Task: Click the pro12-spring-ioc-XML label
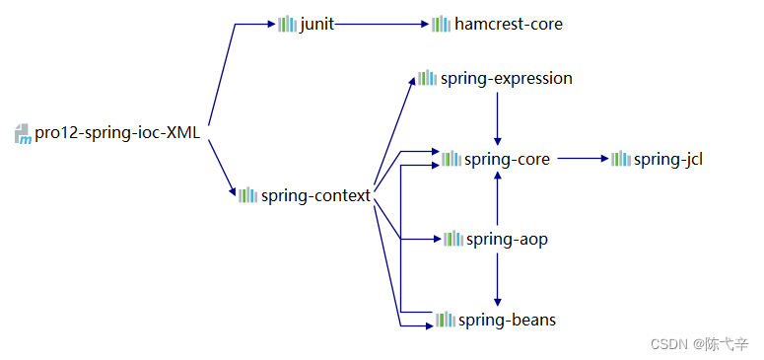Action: pyautogui.click(x=117, y=133)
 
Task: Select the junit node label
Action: pyautogui.click(x=317, y=24)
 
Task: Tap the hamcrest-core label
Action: pyautogui.click(x=509, y=24)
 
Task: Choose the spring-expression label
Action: pyautogui.click(x=507, y=78)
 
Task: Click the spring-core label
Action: pyautogui.click(x=508, y=159)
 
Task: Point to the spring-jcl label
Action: pyautogui.click(x=668, y=159)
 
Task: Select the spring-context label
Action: pyautogui.click(x=315, y=195)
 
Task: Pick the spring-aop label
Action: pyautogui.click(x=507, y=239)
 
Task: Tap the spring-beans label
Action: pyautogui.click(x=508, y=320)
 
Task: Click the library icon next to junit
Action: pyautogui.click(x=287, y=24)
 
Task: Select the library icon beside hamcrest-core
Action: pyautogui.click(x=441, y=24)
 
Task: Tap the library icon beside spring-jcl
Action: pyautogui.click(x=620, y=159)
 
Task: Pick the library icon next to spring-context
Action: pyautogui.click(x=247, y=195)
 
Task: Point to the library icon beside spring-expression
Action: pyautogui.click(x=427, y=78)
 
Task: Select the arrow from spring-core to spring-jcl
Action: pyautogui.click(x=582, y=158)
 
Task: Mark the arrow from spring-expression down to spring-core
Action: pyautogui.click(x=498, y=116)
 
